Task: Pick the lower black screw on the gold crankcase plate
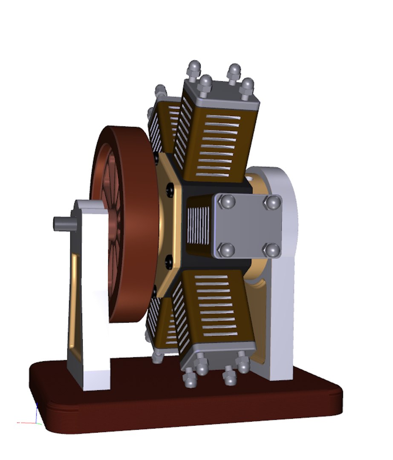coord(169,259)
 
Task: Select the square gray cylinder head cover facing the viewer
coord(247,226)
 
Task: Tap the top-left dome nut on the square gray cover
coord(228,201)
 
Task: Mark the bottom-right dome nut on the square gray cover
coord(271,250)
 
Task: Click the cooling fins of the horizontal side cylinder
coord(198,226)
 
